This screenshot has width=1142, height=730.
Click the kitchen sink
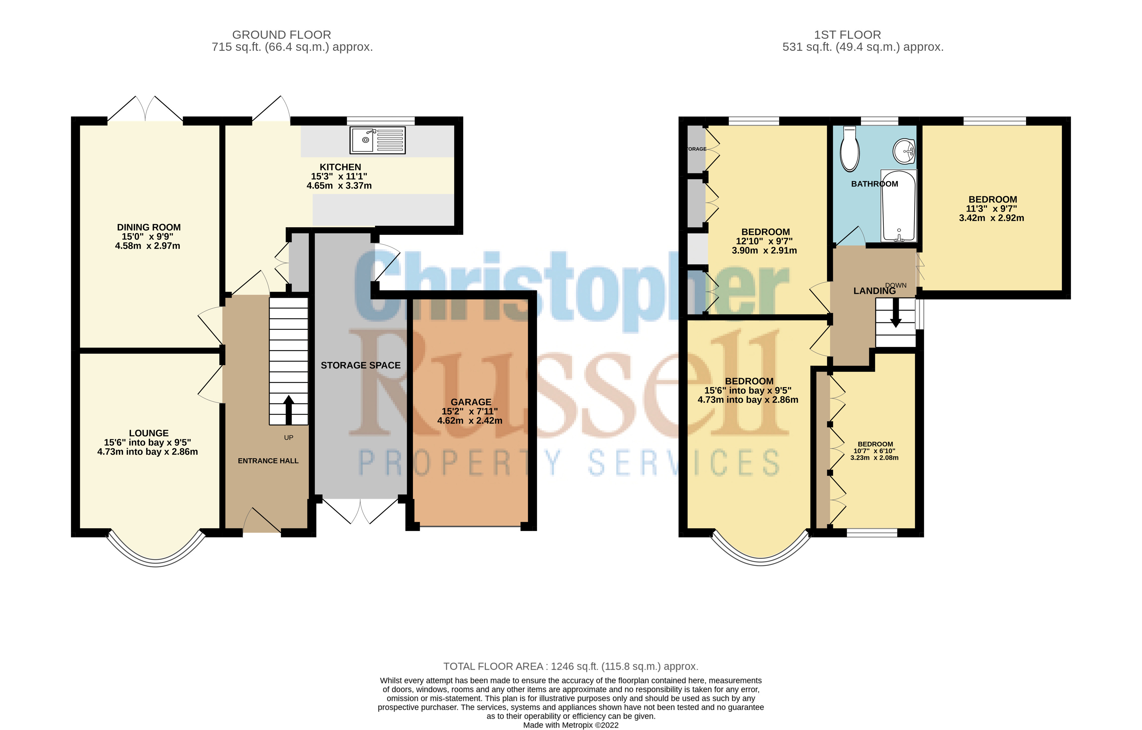tap(377, 140)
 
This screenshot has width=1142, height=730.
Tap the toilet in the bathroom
tap(849, 148)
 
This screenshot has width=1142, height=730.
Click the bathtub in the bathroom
tap(898, 206)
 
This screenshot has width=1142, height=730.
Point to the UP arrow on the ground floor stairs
tap(288, 409)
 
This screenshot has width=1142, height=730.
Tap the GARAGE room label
tap(471, 402)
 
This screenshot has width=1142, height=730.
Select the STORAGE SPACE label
tap(360, 365)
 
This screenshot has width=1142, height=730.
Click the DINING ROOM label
tap(149, 227)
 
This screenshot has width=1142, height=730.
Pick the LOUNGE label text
tap(148, 433)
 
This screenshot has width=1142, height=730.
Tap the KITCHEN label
tap(340, 167)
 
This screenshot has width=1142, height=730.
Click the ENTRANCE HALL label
tap(268, 461)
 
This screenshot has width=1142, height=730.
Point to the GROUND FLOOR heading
tap(282, 35)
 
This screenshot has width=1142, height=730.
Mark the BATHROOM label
tap(875, 184)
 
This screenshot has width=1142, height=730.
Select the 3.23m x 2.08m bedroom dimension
tap(875, 458)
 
